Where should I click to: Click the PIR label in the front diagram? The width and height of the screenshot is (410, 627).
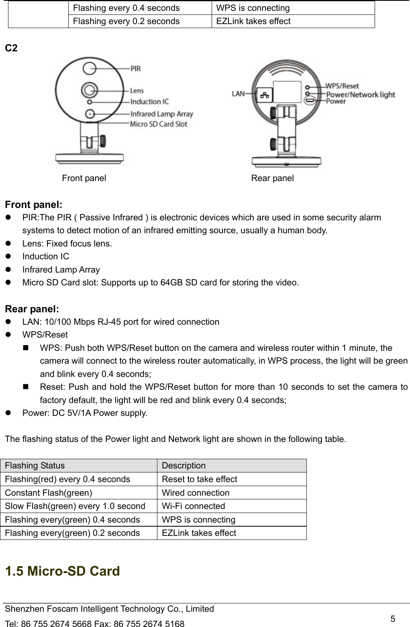click(135, 69)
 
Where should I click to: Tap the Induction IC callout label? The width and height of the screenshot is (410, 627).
click(149, 102)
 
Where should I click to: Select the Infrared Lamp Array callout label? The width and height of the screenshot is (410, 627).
click(161, 114)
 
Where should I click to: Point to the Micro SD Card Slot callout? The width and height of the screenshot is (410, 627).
click(158, 124)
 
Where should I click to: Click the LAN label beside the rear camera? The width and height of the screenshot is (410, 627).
click(238, 94)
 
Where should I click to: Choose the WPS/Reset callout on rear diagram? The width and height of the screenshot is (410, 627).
click(342, 86)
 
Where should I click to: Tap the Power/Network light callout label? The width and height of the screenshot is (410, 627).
click(360, 95)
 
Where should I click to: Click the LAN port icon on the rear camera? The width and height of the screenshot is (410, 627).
click(265, 95)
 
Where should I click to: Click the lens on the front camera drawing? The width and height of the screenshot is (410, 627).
click(89, 90)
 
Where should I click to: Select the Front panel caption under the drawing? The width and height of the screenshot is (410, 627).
click(84, 178)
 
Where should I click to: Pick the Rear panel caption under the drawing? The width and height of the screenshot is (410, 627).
click(272, 178)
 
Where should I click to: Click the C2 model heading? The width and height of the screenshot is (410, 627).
click(11, 49)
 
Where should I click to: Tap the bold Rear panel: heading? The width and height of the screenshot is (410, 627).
click(32, 309)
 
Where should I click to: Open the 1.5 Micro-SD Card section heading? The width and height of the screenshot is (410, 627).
click(62, 571)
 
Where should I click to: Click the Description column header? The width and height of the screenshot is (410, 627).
click(184, 466)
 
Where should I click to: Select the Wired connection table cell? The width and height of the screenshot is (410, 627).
click(196, 493)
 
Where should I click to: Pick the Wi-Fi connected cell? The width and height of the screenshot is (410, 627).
click(193, 506)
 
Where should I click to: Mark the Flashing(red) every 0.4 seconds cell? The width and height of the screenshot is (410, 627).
click(67, 479)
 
